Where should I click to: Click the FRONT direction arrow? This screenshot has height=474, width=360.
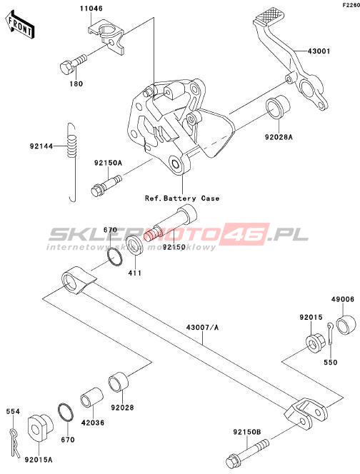click(x=20, y=25)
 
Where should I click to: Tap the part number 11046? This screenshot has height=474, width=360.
click(x=91, y=9)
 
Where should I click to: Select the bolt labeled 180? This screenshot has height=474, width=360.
click(x=74, y=64)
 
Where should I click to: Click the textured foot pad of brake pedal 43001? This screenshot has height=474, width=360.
click(x=269, y=15)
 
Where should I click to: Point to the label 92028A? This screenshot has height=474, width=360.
click(x=279, y=137)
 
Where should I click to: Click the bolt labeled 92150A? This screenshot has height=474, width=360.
click(x=106, y=185)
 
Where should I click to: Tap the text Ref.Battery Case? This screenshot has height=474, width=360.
click(x=182, y=198)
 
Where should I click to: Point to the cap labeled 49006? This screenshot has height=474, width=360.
click(x=345, y=325)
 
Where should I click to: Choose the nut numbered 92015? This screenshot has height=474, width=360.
click(x=316, y=343)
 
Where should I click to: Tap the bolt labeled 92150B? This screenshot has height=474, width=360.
click(x=247, y=451)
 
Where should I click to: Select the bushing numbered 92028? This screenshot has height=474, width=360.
click(x=119, y=382)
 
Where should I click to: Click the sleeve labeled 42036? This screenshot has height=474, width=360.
click(x=92, y=397)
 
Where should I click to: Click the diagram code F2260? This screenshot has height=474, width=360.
click(x=351, y=5)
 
